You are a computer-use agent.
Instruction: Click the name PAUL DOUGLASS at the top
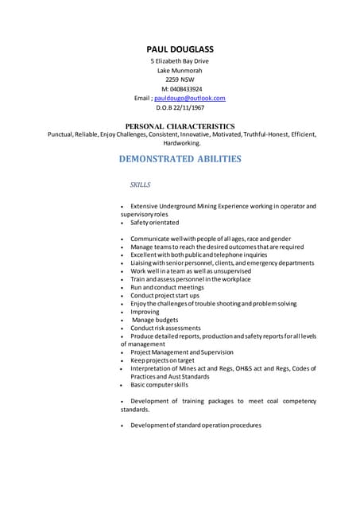pos(180,49)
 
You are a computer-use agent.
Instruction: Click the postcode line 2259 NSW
pos(180,80)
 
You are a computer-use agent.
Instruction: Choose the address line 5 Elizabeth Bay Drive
pos(180,61)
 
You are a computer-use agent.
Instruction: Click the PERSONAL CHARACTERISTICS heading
pos(180,126)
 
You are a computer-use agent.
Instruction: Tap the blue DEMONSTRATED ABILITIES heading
pos(180,159)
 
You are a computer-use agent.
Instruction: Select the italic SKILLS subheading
pos(140,185)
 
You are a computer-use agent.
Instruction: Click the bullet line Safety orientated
pos(155,223)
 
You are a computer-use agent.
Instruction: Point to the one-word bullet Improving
pos(145,312)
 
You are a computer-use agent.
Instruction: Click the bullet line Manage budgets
pos(155,320)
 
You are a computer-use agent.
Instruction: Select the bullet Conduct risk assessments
pos(165,328)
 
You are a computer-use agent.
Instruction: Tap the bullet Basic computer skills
pos(159,385)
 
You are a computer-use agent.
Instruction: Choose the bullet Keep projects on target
pos(162,360)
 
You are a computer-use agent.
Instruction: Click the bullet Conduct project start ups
pos(165,295)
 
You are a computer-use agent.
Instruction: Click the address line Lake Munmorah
pos(180,71)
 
